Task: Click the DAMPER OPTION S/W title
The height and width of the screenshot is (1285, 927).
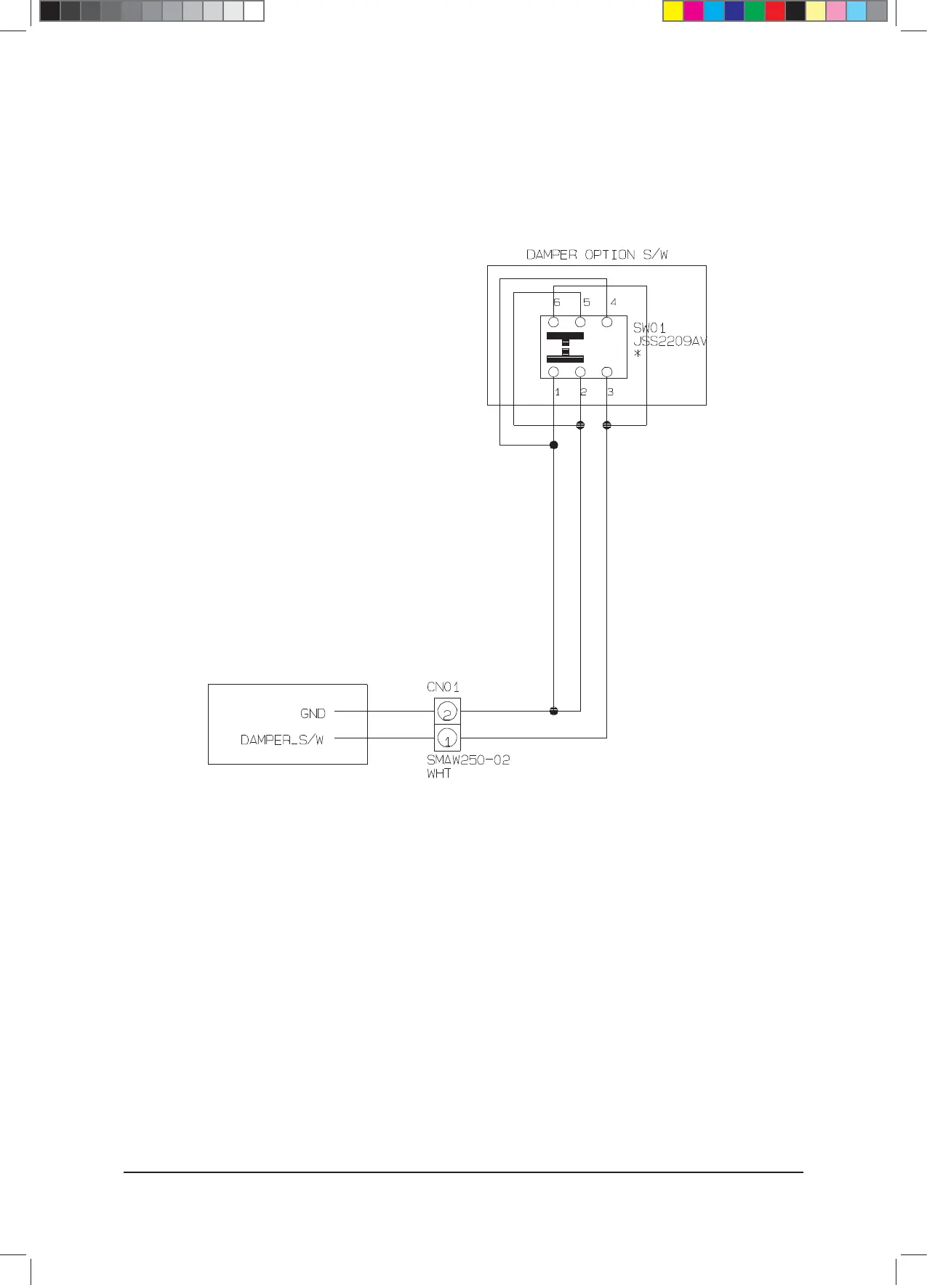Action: [x=597, y=255]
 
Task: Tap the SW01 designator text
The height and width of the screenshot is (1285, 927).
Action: [x=649, y=329]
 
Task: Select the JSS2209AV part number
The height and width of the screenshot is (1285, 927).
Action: [x=670, y=342]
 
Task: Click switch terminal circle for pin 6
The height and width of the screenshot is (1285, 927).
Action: [x=554, y=322]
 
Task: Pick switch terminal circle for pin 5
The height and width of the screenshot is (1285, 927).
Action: [x=580, y=322]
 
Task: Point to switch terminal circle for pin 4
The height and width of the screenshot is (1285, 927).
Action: [x=607, y=322]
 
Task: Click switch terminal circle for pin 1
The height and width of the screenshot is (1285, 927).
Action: [x=554, y=372]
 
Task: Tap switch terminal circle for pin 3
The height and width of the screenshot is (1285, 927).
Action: [x=607, y=372]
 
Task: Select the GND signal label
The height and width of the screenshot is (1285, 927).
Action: [x=313, y=714]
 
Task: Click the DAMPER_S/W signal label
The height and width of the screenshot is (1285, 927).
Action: [x=282, y=740]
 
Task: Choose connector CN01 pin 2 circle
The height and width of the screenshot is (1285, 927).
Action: [x=447, y=712]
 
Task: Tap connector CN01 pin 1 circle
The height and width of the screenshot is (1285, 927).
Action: [x=447, y=738]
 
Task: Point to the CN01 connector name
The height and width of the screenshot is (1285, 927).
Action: [x=443, y=687]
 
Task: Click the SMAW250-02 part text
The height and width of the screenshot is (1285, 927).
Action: [x=468, y=760]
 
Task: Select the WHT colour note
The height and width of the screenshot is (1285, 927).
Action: [x=439, y=774]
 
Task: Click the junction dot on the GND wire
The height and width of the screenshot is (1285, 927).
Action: [x=554, y=711]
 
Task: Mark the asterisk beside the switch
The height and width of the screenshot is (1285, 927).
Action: [x=638, y=355]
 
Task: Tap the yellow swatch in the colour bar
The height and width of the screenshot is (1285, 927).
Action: [x=673, y=11]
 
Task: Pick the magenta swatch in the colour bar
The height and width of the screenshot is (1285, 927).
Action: [x=694, y=11]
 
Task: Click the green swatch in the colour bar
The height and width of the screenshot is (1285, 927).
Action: [x=755, y=11]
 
